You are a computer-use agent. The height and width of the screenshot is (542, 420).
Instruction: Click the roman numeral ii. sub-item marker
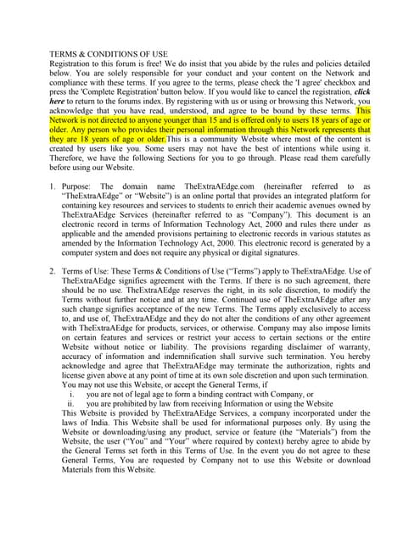click(x=72, y=404)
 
